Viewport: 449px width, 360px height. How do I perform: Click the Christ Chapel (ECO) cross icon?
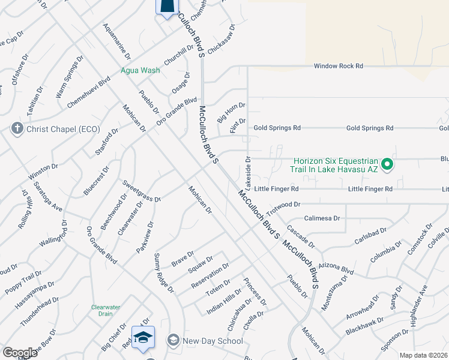coord(17,128)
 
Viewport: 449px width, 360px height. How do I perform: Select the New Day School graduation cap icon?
coord(173,341)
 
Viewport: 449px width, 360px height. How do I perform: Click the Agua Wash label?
coord(140,70)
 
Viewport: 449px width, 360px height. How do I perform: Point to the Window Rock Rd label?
coord(339,66)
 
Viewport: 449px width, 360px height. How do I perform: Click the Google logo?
coord(20,353)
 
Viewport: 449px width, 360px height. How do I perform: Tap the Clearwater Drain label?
coord(106,310)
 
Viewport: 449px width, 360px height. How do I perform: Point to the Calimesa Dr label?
coord(322,218)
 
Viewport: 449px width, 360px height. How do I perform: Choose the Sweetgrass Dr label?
coord(142,190)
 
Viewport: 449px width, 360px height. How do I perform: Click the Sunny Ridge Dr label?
coord(163,273)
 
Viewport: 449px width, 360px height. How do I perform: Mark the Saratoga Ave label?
coord(47,197)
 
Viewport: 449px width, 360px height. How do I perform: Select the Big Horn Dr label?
coord(231,113)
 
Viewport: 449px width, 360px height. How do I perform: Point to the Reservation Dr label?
coord(210,275)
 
